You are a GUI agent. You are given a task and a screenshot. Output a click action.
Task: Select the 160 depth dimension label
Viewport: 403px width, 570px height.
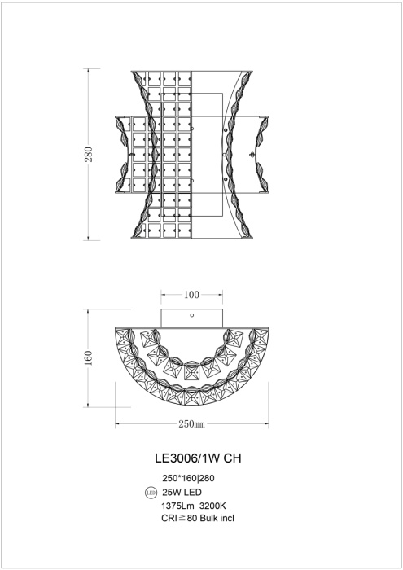[x=89, y=359]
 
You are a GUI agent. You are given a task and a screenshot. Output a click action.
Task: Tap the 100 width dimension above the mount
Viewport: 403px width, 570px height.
[x=191, y=294]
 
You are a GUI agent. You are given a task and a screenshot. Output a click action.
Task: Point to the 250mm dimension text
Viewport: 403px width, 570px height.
[x=191, y=424]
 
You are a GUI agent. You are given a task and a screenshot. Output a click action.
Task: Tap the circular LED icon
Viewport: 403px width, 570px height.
[x=150, y=493]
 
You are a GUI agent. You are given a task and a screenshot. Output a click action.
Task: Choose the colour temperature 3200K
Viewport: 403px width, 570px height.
[x=214, y=506]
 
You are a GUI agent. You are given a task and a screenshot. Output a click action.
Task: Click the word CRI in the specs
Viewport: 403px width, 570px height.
[x=169, y=518]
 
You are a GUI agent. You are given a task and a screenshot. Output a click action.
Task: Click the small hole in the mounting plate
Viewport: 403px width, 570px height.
[x=191, y=315]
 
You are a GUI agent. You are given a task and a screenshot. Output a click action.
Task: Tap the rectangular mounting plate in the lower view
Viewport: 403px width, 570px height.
[x=191, y=318]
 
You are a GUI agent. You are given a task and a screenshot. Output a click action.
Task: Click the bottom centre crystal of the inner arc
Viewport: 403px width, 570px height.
[x=191, y=375]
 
